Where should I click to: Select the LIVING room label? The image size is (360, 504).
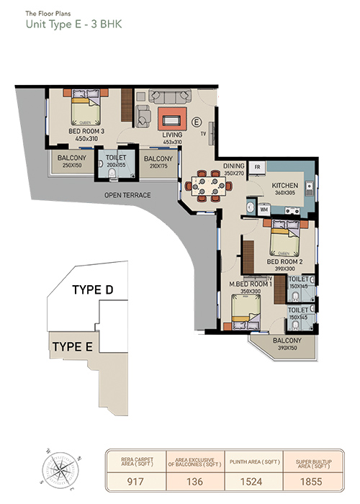172,135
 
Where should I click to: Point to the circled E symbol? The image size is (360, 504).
195,120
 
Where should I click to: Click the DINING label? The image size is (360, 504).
234,166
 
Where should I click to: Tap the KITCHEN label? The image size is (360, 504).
285,185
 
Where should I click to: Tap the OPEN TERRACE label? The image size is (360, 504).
128,194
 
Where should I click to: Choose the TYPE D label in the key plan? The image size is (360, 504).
93,290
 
